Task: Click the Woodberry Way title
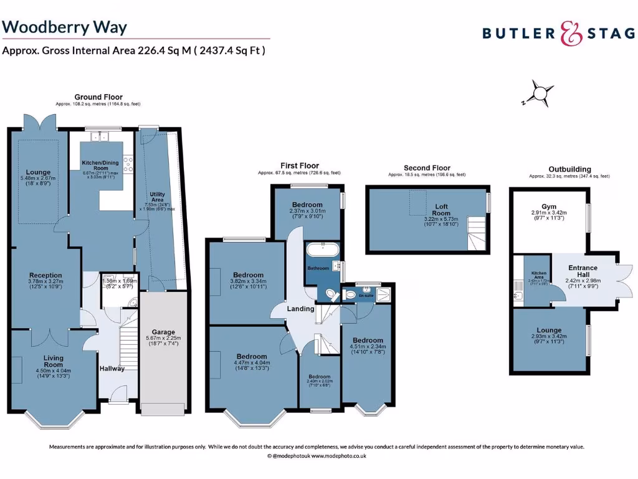click(x=65, y=27)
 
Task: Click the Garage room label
click(x=163, y=332)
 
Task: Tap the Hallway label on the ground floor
click(x=112, y=368)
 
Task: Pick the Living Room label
click(x=53, y=360)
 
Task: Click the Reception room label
click(x=45, y=275)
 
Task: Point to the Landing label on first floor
click(x=300, y=309)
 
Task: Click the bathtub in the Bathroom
click(x=322, y=251)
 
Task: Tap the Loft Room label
click(x=441, y=210)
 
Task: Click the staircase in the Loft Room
click(x=477, y=233)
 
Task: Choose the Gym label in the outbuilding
click(x=548, y=206)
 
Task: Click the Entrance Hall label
click(x=583, y=272)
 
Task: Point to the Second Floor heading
click(x=426, y=168)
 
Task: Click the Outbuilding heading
click(x=569, y=169)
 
